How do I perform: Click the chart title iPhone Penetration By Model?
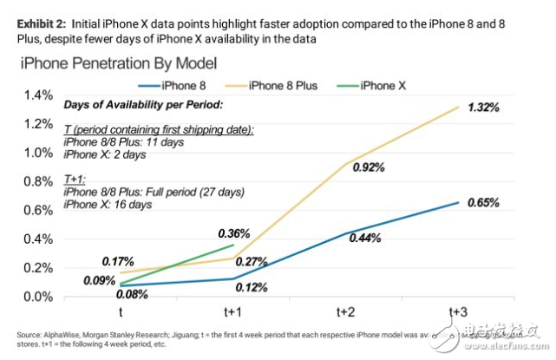click(x=119, y=63)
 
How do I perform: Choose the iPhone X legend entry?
click(x=384, y=85)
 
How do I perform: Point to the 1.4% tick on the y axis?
click(x=38, y=95)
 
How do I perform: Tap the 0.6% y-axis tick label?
click(x=38, y=210)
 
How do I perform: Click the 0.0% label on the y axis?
click(x=38, y=297)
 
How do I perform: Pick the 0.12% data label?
click(x=250, y=287)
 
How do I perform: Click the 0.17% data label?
click(x=118, y=261)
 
